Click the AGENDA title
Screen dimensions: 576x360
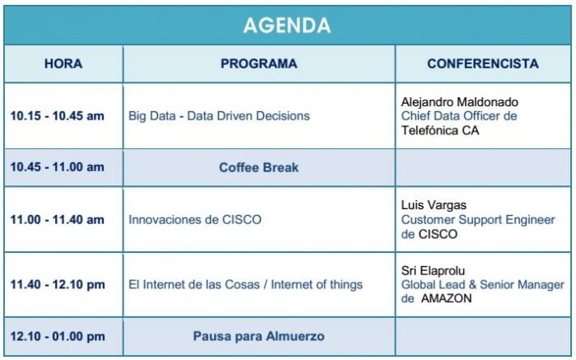pyautogui.click(x=287, y=26)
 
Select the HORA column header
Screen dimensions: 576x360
pyautogui.click(x=63, y=63)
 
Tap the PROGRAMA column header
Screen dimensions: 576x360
pyautogui.click(x=259, y=63)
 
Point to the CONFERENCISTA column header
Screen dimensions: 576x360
pyautogui.click(x=483, y=63)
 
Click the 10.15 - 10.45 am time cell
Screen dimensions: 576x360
pyautogui.click(x=58, y=116)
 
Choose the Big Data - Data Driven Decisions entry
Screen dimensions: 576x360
pyautogui.click(x=219, y=116)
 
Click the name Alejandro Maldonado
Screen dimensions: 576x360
pyautogui.click(x=459, y=102)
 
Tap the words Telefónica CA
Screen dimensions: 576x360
pyautogui.click(x=440, y=130)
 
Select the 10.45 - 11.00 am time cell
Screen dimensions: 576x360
pyautogui.click(x=58, y=167)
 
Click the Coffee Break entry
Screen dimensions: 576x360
pyautogui.click(x=259, y=168)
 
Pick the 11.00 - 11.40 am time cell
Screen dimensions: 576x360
pyautogui.click(x=58, y=219)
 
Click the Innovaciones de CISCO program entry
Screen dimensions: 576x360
pyautogui.click(x=195, y=219)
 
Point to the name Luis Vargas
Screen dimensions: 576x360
pyautogui.click(x=434, y=205)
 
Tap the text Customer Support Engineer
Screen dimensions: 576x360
pyautogui.click(x=478, y=219)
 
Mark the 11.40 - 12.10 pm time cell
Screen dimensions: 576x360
pyautogui.click(x=58, y=284)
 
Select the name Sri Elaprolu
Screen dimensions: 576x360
pyautogui.click(x=433, y=271)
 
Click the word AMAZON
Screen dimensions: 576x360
pyautogui.click(x=446, y=298)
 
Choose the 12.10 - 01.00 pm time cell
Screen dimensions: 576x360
pyautogui.click(x=58, y=336)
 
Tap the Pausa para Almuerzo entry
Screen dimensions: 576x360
pyautogui.click(x=259, y=336)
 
